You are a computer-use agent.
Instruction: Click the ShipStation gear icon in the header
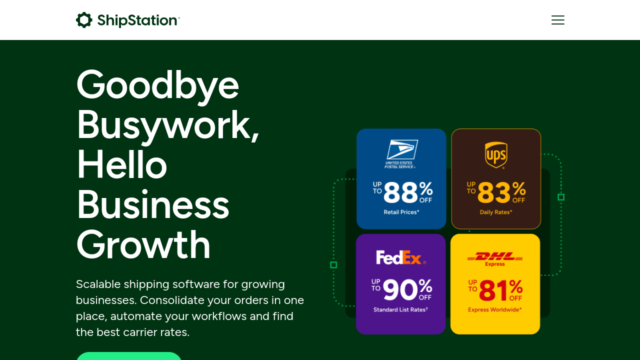pos(84,20)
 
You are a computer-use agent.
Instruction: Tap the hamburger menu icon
pos(557,20)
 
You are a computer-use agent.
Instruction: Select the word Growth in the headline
pos(143,245)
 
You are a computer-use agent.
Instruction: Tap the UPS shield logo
pos(496,155)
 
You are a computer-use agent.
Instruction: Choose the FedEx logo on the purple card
pos(401,257)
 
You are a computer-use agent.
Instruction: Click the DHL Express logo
pos(495,259)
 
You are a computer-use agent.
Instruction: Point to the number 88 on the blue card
pos(400,193)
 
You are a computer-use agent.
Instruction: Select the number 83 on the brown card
pos(494,193)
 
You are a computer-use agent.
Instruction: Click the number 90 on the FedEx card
pos(399,289)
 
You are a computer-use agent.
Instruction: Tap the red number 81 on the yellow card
pos(493,290)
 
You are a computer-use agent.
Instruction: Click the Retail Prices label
pos(401,212)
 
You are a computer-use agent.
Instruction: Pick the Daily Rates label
pos(496,212)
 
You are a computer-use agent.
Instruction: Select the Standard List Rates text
pos(400,309)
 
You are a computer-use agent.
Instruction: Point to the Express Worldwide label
pos(495,309)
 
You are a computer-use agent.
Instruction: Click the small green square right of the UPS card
pos(561,197)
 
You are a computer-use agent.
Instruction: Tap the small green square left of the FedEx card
pos(333,265)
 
